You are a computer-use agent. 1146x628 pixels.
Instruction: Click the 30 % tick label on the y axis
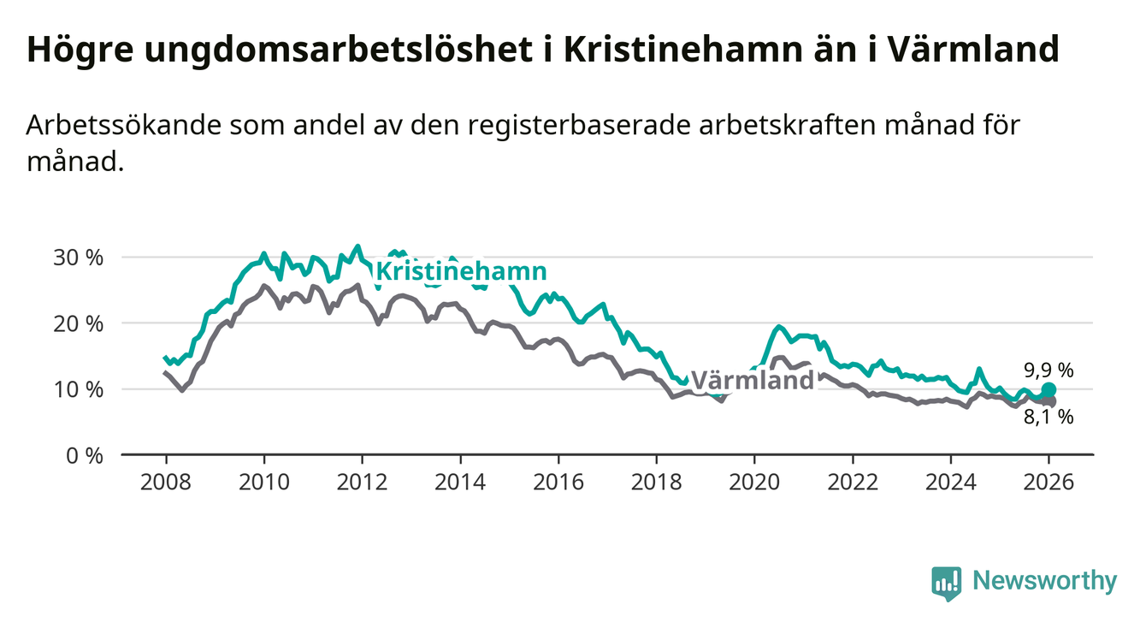pos(79,258)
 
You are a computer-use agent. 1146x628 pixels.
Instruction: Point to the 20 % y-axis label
pos(79,323)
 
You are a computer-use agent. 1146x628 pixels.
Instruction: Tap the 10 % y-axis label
pos(79,389)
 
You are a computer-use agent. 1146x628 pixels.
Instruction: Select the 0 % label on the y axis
pos(85,455)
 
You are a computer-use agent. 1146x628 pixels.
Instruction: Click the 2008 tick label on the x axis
pos(166,482)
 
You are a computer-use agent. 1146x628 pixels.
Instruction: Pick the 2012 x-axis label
pos(362,482)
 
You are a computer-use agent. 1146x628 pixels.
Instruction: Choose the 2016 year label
pos(558,482)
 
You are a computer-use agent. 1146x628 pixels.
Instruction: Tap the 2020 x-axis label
pos(754,482)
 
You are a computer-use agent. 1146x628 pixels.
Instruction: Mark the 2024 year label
pos(951,482)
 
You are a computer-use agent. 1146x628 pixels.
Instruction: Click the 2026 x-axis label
pos(1049,482)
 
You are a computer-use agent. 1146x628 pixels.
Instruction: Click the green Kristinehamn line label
pos(461,272)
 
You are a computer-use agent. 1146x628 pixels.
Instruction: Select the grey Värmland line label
pos(752,380)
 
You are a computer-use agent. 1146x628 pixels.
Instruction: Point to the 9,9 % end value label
pos(1049,370)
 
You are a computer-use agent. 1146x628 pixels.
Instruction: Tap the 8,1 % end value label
pos(1049,418)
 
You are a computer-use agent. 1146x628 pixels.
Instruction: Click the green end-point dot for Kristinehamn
pos(1049,390)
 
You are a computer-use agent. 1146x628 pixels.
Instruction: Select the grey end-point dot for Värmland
pos(1049,401)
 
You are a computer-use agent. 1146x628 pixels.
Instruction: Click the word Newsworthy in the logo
pos(1045,581)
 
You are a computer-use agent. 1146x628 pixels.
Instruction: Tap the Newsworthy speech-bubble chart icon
pos(946,583)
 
